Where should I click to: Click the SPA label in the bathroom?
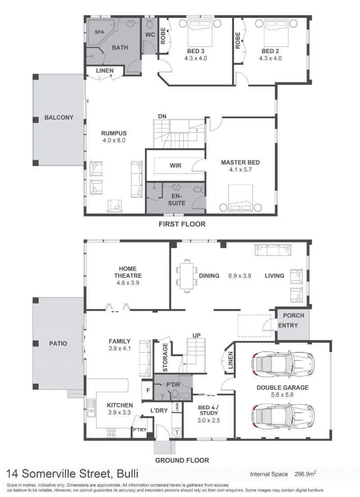[x=99, y=32]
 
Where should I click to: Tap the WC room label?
[x=150, y=35]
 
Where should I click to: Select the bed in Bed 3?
[x=200, y=33]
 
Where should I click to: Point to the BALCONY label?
[x=58, y=117]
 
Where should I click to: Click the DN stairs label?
[x=162, y=116]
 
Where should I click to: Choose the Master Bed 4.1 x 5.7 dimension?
[x=240, y=170]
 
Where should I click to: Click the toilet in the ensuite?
[x=198, y=190]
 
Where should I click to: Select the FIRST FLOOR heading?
[x=182, y=224]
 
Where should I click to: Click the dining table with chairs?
[x=186, y=275]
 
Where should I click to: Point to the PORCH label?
[x=293, y=315]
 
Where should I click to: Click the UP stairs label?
[x=196, y=336]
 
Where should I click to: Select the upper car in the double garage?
[x=283, y=363]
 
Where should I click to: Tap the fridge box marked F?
[x=148, y=391]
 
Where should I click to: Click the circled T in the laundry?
[x=177, y=432]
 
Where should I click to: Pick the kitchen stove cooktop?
[x=112, y=433]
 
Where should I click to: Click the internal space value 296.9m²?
[x=304, y=474]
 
